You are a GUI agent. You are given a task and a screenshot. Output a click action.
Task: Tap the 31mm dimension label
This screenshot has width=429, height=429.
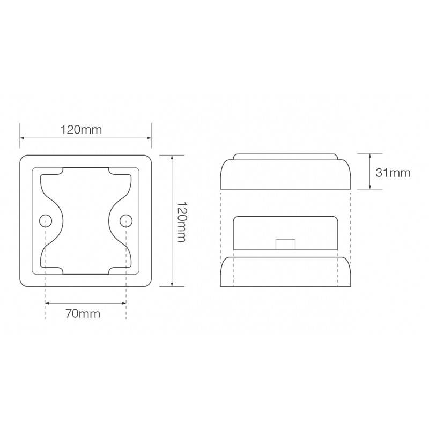pos(393,172)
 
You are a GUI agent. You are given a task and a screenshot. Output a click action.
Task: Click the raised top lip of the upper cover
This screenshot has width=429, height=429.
pos(285,157)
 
